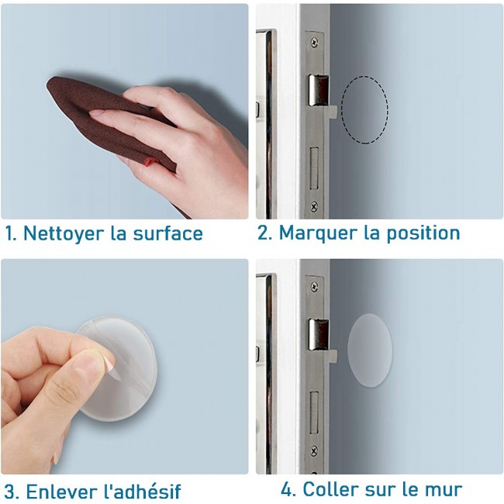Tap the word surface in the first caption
click(x=167, y=233)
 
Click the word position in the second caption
click(x=423, y=233)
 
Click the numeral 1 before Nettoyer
click(x=9, y=233)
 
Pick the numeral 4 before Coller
click(x=287, y=489)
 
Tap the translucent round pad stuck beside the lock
click(x=370, y=350)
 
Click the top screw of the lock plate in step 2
click(x=314, y=42)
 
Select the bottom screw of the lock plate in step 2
click(x=314, y=205)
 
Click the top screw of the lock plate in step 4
click(x=314, y=286)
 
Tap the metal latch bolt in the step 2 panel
click(x=319, y=90)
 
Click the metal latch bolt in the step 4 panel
click(x=319, y=335)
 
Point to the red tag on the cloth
click(x=149, y=161)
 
